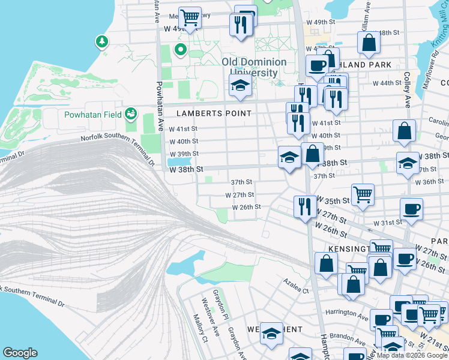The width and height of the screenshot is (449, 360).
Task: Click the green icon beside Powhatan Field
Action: (130, 113)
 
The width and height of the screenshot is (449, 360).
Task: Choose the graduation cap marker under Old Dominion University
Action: (240, 85)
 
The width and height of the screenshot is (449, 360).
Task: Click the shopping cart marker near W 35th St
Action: (363, 195)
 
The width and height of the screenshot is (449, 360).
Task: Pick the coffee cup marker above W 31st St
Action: (411, 209)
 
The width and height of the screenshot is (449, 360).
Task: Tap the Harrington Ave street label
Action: (346, 313)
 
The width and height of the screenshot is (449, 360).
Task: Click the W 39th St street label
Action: (183, 154)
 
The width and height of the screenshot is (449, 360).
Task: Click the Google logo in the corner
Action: (20, 352)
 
